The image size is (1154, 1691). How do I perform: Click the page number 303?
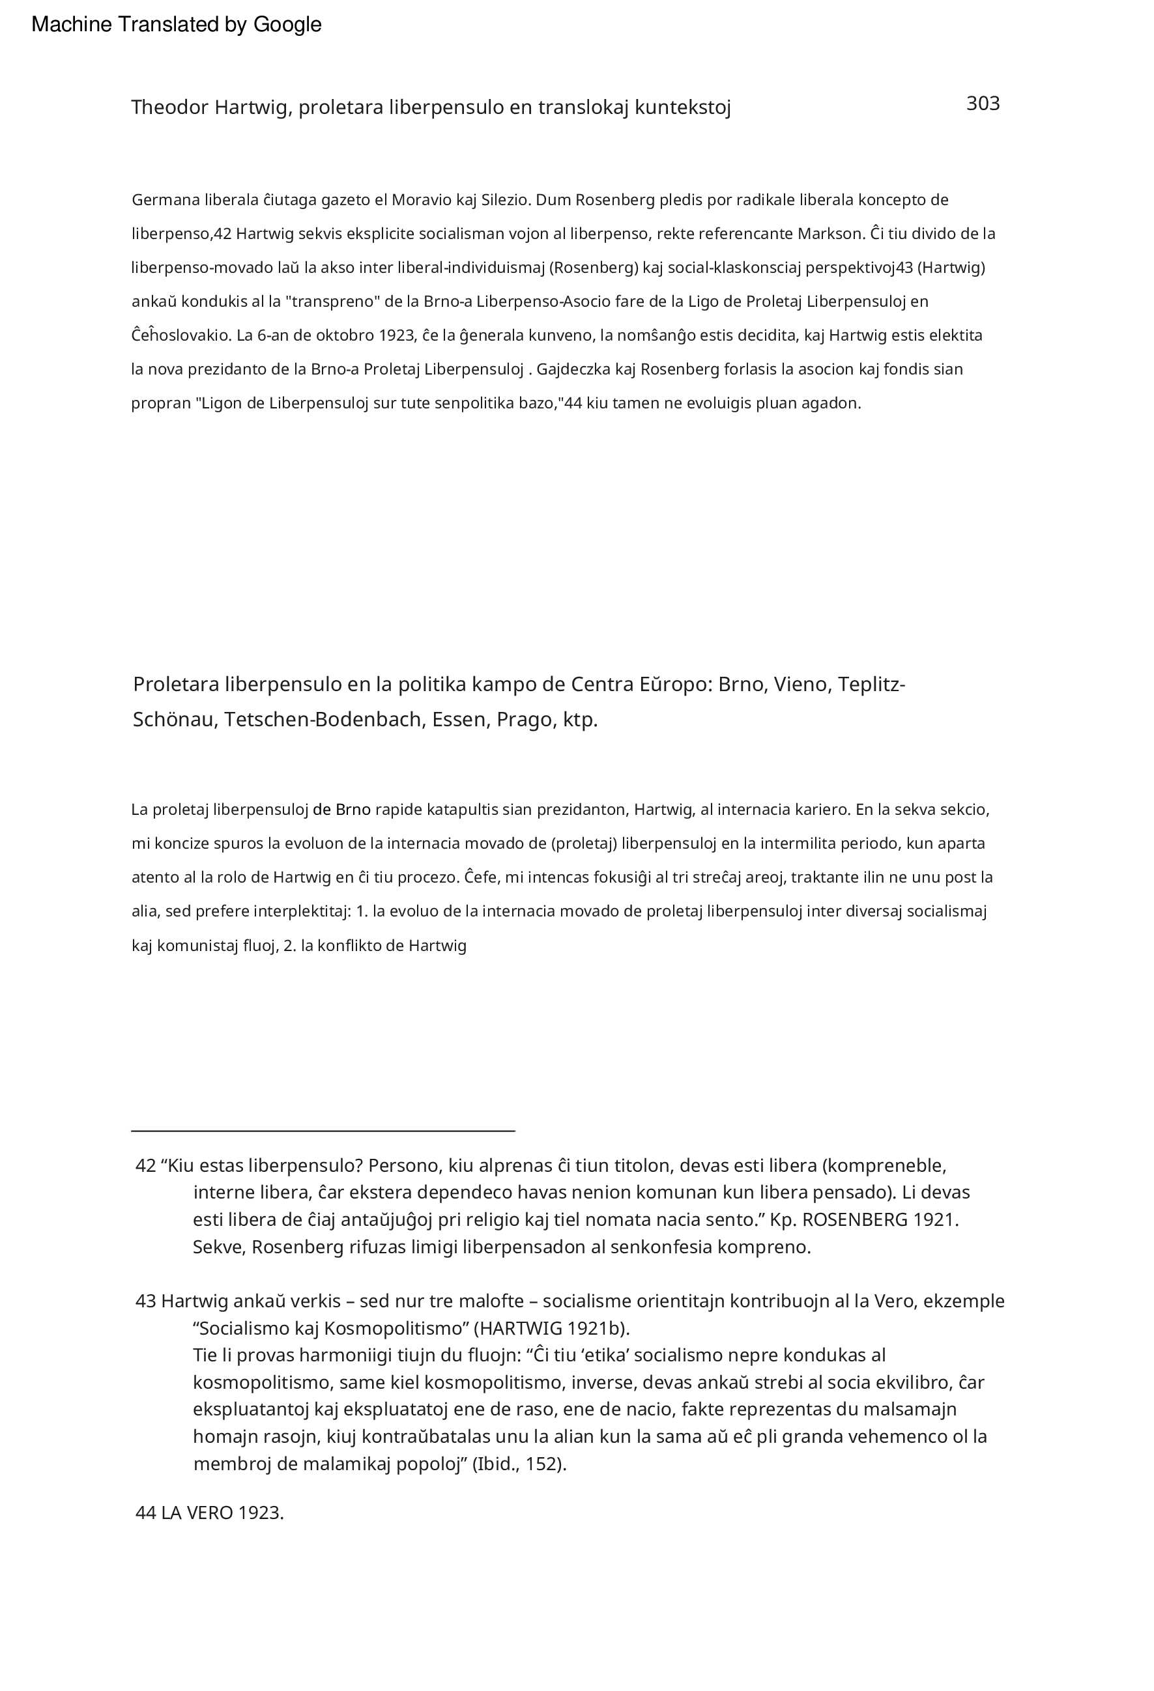[982, 104]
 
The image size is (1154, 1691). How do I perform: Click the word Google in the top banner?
[287, 25]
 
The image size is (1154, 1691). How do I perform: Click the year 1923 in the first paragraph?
[397, 335]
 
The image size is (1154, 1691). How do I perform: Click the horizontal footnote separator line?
[323, 1131]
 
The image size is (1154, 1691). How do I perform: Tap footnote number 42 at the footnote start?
[145, 1165]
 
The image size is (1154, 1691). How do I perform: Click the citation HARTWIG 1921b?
[551, 1328]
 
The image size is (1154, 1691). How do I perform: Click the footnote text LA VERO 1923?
[222, 1513]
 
